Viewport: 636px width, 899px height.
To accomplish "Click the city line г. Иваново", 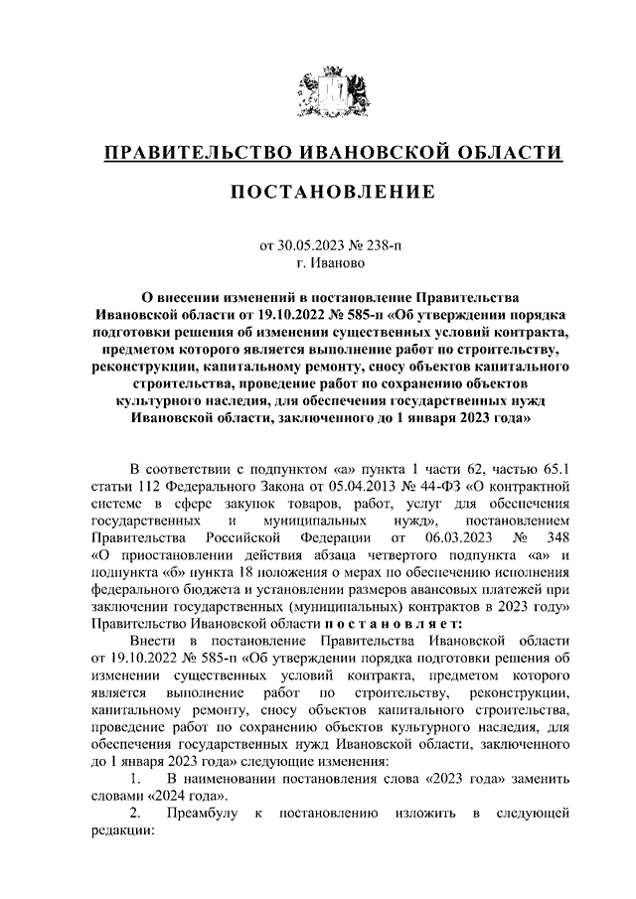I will (331, 263).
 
